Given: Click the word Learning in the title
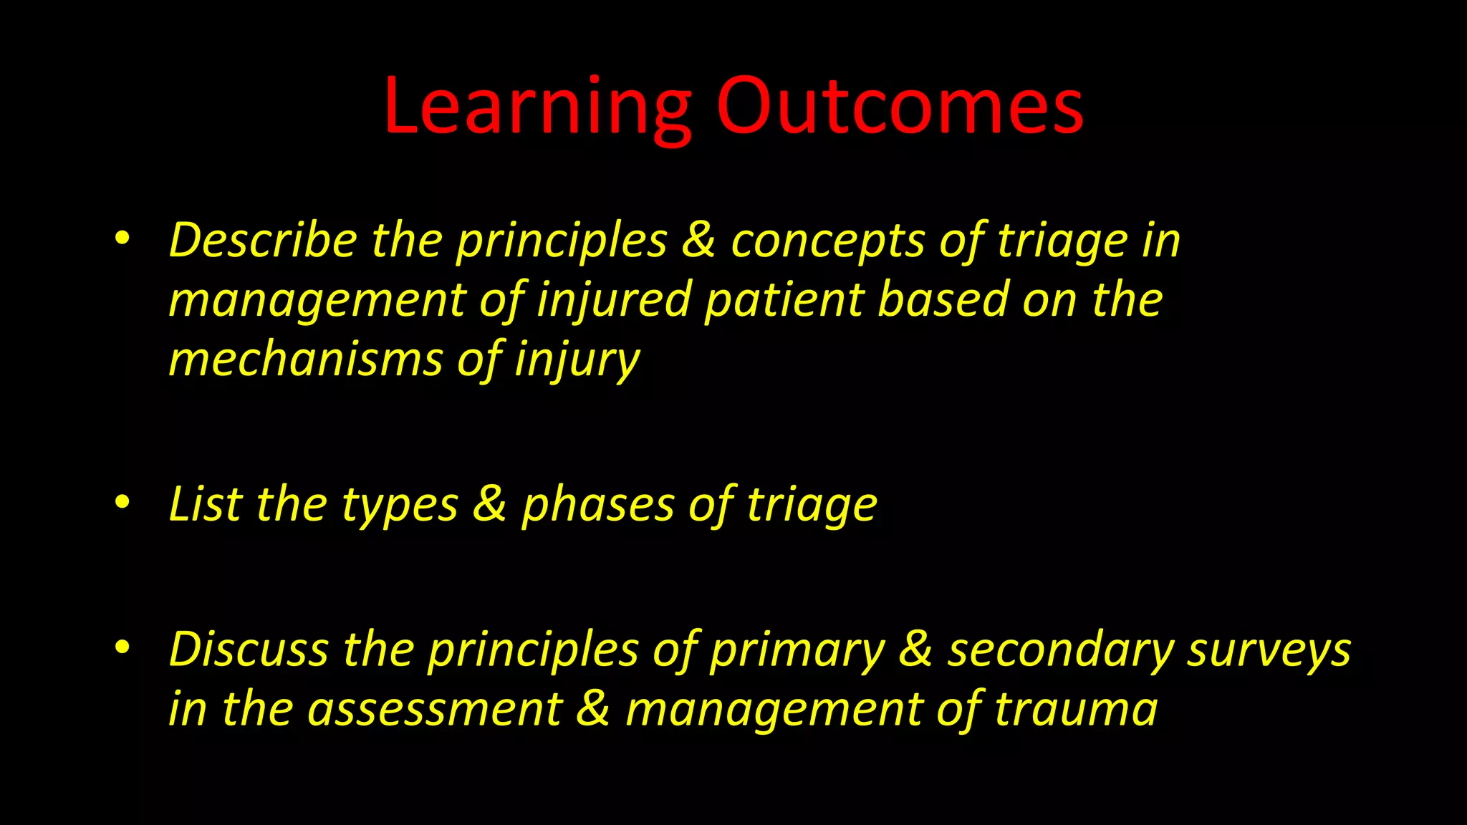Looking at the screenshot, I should pos(537,107).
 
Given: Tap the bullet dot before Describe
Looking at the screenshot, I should pos(122,239).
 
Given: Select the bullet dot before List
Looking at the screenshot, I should pos(122,503).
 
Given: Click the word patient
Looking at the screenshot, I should pos(784,301).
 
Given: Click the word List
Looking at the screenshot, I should pos(205,504).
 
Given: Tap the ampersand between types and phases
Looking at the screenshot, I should pos(489,504).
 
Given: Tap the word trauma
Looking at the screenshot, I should pos(1076,710).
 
